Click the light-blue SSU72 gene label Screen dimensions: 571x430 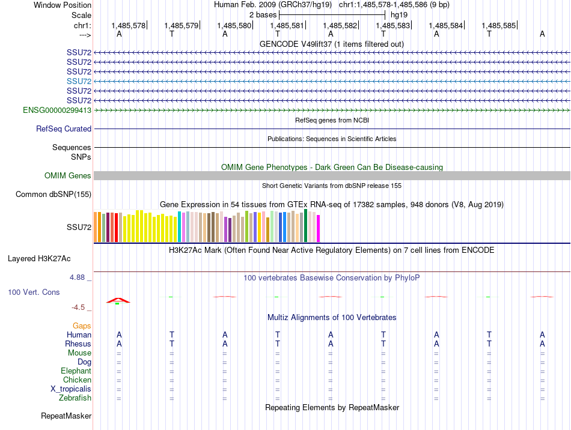coord(79,81)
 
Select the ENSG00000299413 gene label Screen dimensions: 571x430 coord(57,110)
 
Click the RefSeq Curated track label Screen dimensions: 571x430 coord(64,129)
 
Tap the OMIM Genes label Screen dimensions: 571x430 coord(68,176)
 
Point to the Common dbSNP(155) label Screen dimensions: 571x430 coord(53,194)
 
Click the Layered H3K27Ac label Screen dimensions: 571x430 coord(39,259)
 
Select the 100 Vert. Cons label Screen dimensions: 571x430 coord(34,292)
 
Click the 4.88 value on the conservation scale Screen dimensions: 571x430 coord(77,277)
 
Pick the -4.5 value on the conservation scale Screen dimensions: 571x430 coord(78,307)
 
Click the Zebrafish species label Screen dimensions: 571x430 coord(75,398)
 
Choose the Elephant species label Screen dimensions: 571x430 coord(76,371)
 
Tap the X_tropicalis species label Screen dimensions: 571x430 coord(71,389)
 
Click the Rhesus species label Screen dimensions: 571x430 coord(78,344)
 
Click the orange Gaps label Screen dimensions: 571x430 coord(82,326)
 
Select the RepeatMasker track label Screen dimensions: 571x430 coord(66,416)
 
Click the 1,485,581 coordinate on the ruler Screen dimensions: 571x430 coord(287,25)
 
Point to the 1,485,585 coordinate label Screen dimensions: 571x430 coord(498,25)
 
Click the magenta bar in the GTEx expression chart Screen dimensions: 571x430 coord(319,228)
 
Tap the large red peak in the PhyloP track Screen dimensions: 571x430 coord(118,300)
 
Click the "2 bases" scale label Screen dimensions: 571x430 coord(263,15)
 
